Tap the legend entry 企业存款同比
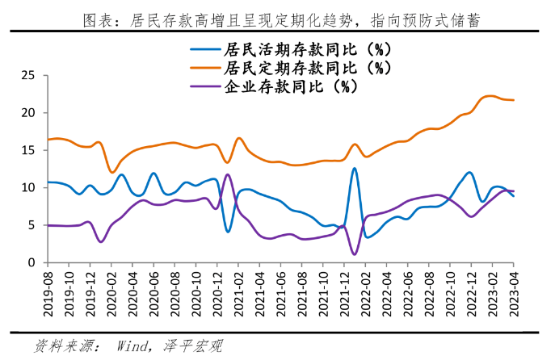tap(288, 86)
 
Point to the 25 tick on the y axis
tap(28, 76)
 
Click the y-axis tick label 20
tap(28, 113)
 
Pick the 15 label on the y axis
tap(28, 151)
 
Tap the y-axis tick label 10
tap(28, 188)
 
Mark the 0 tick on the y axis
tap(32, 263)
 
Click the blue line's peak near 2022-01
tap(354, 168)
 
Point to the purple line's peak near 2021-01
tap(228, 174)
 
